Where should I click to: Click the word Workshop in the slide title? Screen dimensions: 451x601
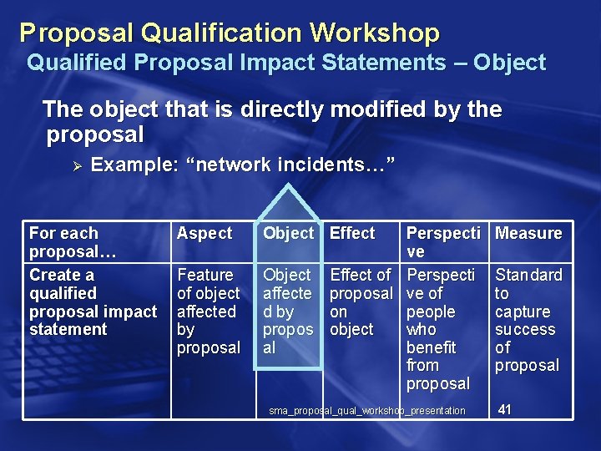pyautogui.click(x=375, y=33)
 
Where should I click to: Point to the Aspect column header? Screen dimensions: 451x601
pyautogui.click(x=205, y=234)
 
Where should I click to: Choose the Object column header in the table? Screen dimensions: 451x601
pyautogui.click(x=288, y=234)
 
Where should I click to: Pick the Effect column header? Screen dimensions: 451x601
pyautogui.click(x=352, y=234)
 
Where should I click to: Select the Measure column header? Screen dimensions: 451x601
pyautogui.click(x=528, y=234)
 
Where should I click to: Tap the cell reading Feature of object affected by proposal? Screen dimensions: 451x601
pyautogui.click(x=208, y=311)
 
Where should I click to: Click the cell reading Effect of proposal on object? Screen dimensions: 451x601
pyautogui.click(x=361, y=302)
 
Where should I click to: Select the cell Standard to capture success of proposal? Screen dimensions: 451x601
pyautogui.click(x=528, y=320)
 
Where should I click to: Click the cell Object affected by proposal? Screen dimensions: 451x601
pyautogui.click(x=288, y=311)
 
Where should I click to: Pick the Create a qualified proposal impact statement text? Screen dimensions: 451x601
pyautogui.click(x=93, y=302)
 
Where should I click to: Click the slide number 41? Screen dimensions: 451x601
pyautogui.click(x=505, y=409)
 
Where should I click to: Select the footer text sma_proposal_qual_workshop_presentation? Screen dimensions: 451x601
pyautogui.click(x=367, y=411)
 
